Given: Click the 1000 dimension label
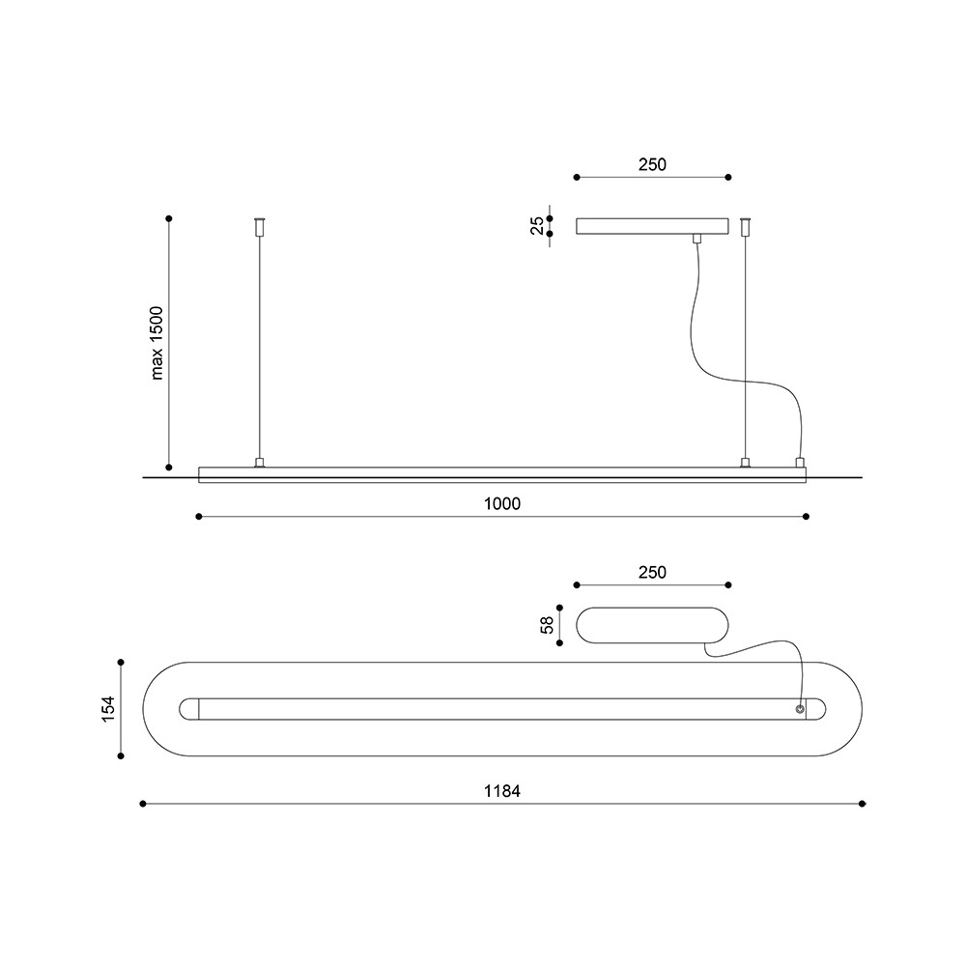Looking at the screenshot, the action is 502,504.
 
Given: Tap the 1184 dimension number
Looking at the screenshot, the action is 502,791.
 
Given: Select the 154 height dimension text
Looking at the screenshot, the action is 108,709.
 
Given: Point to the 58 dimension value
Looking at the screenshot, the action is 547,625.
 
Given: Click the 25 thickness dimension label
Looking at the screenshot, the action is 537,225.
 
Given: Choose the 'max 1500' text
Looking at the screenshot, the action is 156,343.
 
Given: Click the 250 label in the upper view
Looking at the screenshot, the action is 652,164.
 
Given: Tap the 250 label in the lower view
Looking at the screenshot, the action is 652,572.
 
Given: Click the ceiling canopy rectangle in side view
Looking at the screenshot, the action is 652,226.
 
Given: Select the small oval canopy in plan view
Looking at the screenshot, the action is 652,625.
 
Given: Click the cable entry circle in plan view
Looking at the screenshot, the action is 800,709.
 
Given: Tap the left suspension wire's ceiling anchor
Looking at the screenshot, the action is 259,226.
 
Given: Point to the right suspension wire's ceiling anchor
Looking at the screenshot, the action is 746,226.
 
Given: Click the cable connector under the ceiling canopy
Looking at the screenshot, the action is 696,239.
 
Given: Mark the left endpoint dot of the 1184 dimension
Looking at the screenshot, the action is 143,804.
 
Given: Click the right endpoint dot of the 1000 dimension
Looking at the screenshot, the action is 807,516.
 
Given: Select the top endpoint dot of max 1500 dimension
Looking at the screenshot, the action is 169,218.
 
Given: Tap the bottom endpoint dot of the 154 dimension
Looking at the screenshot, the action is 121,756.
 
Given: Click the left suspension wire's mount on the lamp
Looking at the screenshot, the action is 259,463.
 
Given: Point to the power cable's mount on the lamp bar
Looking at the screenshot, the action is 800,463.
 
